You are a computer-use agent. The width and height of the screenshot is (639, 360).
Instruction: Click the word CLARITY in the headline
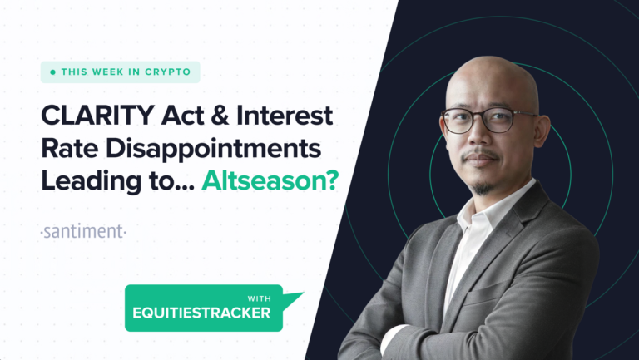98,116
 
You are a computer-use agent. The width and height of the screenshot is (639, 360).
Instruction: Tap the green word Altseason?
270,180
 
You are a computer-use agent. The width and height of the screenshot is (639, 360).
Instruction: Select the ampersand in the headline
220,116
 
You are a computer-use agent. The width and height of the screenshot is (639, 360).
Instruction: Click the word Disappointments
214,149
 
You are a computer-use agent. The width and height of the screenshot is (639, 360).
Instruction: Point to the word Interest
285,116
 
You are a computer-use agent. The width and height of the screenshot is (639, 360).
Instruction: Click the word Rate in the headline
70,148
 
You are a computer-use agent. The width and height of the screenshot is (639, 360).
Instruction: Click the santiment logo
83,231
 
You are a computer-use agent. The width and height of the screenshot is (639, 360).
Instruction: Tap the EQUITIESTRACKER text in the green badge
201,313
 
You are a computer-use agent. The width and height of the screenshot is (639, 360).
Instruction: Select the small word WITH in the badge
259,298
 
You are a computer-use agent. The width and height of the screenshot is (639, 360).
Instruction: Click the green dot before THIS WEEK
52,72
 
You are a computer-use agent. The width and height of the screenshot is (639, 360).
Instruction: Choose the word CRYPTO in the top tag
167,72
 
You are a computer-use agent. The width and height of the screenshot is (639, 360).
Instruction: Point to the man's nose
478,136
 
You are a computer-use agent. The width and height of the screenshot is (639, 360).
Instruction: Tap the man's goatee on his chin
483,188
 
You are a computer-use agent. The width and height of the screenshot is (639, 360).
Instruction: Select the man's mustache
481,154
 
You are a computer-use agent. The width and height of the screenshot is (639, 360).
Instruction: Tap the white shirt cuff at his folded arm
391,338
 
